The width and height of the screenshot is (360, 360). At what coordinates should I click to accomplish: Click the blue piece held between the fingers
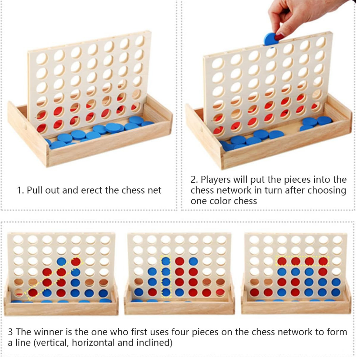270,39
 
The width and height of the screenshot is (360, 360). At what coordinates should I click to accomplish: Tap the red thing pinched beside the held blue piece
279,36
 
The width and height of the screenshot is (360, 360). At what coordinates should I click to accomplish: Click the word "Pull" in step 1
35,190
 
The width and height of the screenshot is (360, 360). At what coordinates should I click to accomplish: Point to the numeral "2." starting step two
194,180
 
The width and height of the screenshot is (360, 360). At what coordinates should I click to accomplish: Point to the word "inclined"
154,343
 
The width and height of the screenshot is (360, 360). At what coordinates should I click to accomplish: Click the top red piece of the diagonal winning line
76,261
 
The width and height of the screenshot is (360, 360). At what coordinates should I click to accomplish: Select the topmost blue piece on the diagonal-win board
61,261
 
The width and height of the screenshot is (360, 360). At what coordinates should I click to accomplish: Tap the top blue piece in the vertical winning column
166,261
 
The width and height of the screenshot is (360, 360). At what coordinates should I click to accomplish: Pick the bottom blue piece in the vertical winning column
166,292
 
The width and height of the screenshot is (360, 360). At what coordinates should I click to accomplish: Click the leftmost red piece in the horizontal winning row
282,261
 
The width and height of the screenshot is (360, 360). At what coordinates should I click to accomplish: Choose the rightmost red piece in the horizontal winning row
323,261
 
